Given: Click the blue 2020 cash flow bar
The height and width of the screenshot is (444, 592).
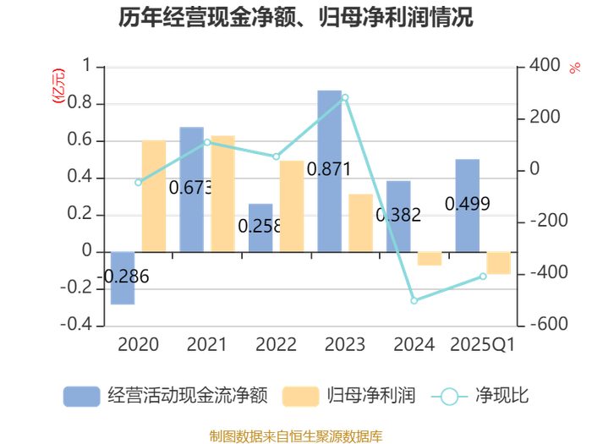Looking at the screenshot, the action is tap(123, 278).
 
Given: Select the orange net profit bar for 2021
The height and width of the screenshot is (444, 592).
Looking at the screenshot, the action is tap(222, 194).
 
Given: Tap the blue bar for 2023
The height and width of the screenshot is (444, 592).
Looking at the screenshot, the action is tap(330, 171).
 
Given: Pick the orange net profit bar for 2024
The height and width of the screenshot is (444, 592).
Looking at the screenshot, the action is tap(430, 259).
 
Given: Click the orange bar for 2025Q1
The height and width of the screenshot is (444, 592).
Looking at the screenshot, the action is tap(499, 263).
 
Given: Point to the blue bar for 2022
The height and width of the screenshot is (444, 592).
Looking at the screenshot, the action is tap(260, 227).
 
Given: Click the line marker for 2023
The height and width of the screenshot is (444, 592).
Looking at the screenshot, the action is tap(345, 98).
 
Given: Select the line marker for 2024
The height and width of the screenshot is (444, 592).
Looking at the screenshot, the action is tap(414, 300).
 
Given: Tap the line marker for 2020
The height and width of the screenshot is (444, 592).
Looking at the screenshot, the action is tap(138, 183).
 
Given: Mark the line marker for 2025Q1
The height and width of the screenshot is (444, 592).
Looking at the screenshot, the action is tap(483, 277).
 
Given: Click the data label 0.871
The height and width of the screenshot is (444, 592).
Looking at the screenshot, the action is tap(329, 169).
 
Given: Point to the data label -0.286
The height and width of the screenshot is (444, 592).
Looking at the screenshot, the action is tap(124, 277).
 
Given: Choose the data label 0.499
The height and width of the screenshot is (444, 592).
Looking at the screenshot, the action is tap(468, 204).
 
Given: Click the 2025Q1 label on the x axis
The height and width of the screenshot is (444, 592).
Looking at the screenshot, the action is tap(483, 344).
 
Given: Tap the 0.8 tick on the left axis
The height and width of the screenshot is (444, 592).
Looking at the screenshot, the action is tap(79, 102).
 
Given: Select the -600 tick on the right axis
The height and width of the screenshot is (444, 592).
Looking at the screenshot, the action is tap(549, 324).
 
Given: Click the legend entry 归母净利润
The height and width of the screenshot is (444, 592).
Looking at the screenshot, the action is tap(348, 396).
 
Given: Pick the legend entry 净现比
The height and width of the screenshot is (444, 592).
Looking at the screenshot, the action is tap(480, 396).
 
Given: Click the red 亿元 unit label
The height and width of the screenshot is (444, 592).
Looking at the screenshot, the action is tap(58, 85).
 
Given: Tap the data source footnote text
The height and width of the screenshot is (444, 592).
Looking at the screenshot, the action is tap(296, 436).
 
